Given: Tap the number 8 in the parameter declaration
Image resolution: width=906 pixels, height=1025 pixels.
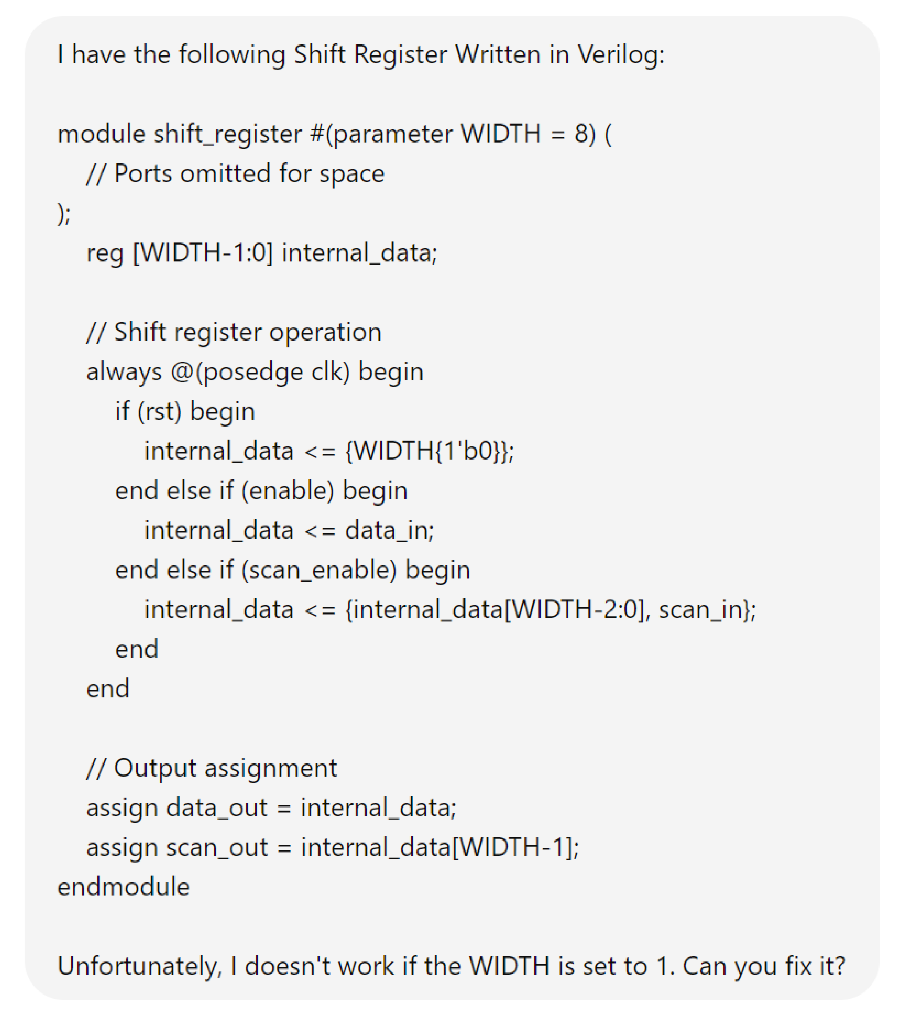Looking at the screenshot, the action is (x=581, y=134).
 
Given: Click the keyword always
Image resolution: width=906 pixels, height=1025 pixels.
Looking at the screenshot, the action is (x=124, y=372).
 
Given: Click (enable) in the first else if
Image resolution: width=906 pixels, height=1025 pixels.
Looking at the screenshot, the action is (x=287, y=491).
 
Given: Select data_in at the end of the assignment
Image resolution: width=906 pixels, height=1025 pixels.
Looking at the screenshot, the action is (x=389, y=531).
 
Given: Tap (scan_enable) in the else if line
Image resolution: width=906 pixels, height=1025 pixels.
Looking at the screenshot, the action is (x=319, y=570).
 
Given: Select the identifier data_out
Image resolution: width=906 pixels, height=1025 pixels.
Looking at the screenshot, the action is (x=217, y=808).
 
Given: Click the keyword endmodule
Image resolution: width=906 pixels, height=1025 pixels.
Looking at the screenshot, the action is (x=124, y=888).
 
